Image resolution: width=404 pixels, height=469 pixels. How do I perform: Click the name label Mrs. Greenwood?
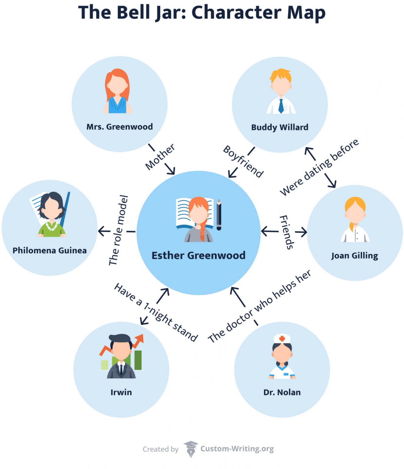120,127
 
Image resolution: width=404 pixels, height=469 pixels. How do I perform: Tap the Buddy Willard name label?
280,127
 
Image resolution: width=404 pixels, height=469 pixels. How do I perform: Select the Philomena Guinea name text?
49,251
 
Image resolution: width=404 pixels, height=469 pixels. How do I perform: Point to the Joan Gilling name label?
355,256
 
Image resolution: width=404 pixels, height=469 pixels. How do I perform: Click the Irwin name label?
121,392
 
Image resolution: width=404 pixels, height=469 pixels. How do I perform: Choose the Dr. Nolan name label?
282,392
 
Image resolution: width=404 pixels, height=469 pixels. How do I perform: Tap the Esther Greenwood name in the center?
198,256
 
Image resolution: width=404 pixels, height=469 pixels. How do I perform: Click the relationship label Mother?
160,157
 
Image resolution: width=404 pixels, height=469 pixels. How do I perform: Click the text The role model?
118,230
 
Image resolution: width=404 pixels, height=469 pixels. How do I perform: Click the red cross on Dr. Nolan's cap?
282,338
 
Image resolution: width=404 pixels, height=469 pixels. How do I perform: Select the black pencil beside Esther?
219,215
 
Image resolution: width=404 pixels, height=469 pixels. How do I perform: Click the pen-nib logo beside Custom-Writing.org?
191,449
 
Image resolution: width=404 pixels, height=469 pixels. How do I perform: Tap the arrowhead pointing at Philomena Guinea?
101,231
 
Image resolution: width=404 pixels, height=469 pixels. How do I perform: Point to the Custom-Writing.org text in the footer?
237,449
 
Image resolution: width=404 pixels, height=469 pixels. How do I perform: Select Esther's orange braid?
202,232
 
